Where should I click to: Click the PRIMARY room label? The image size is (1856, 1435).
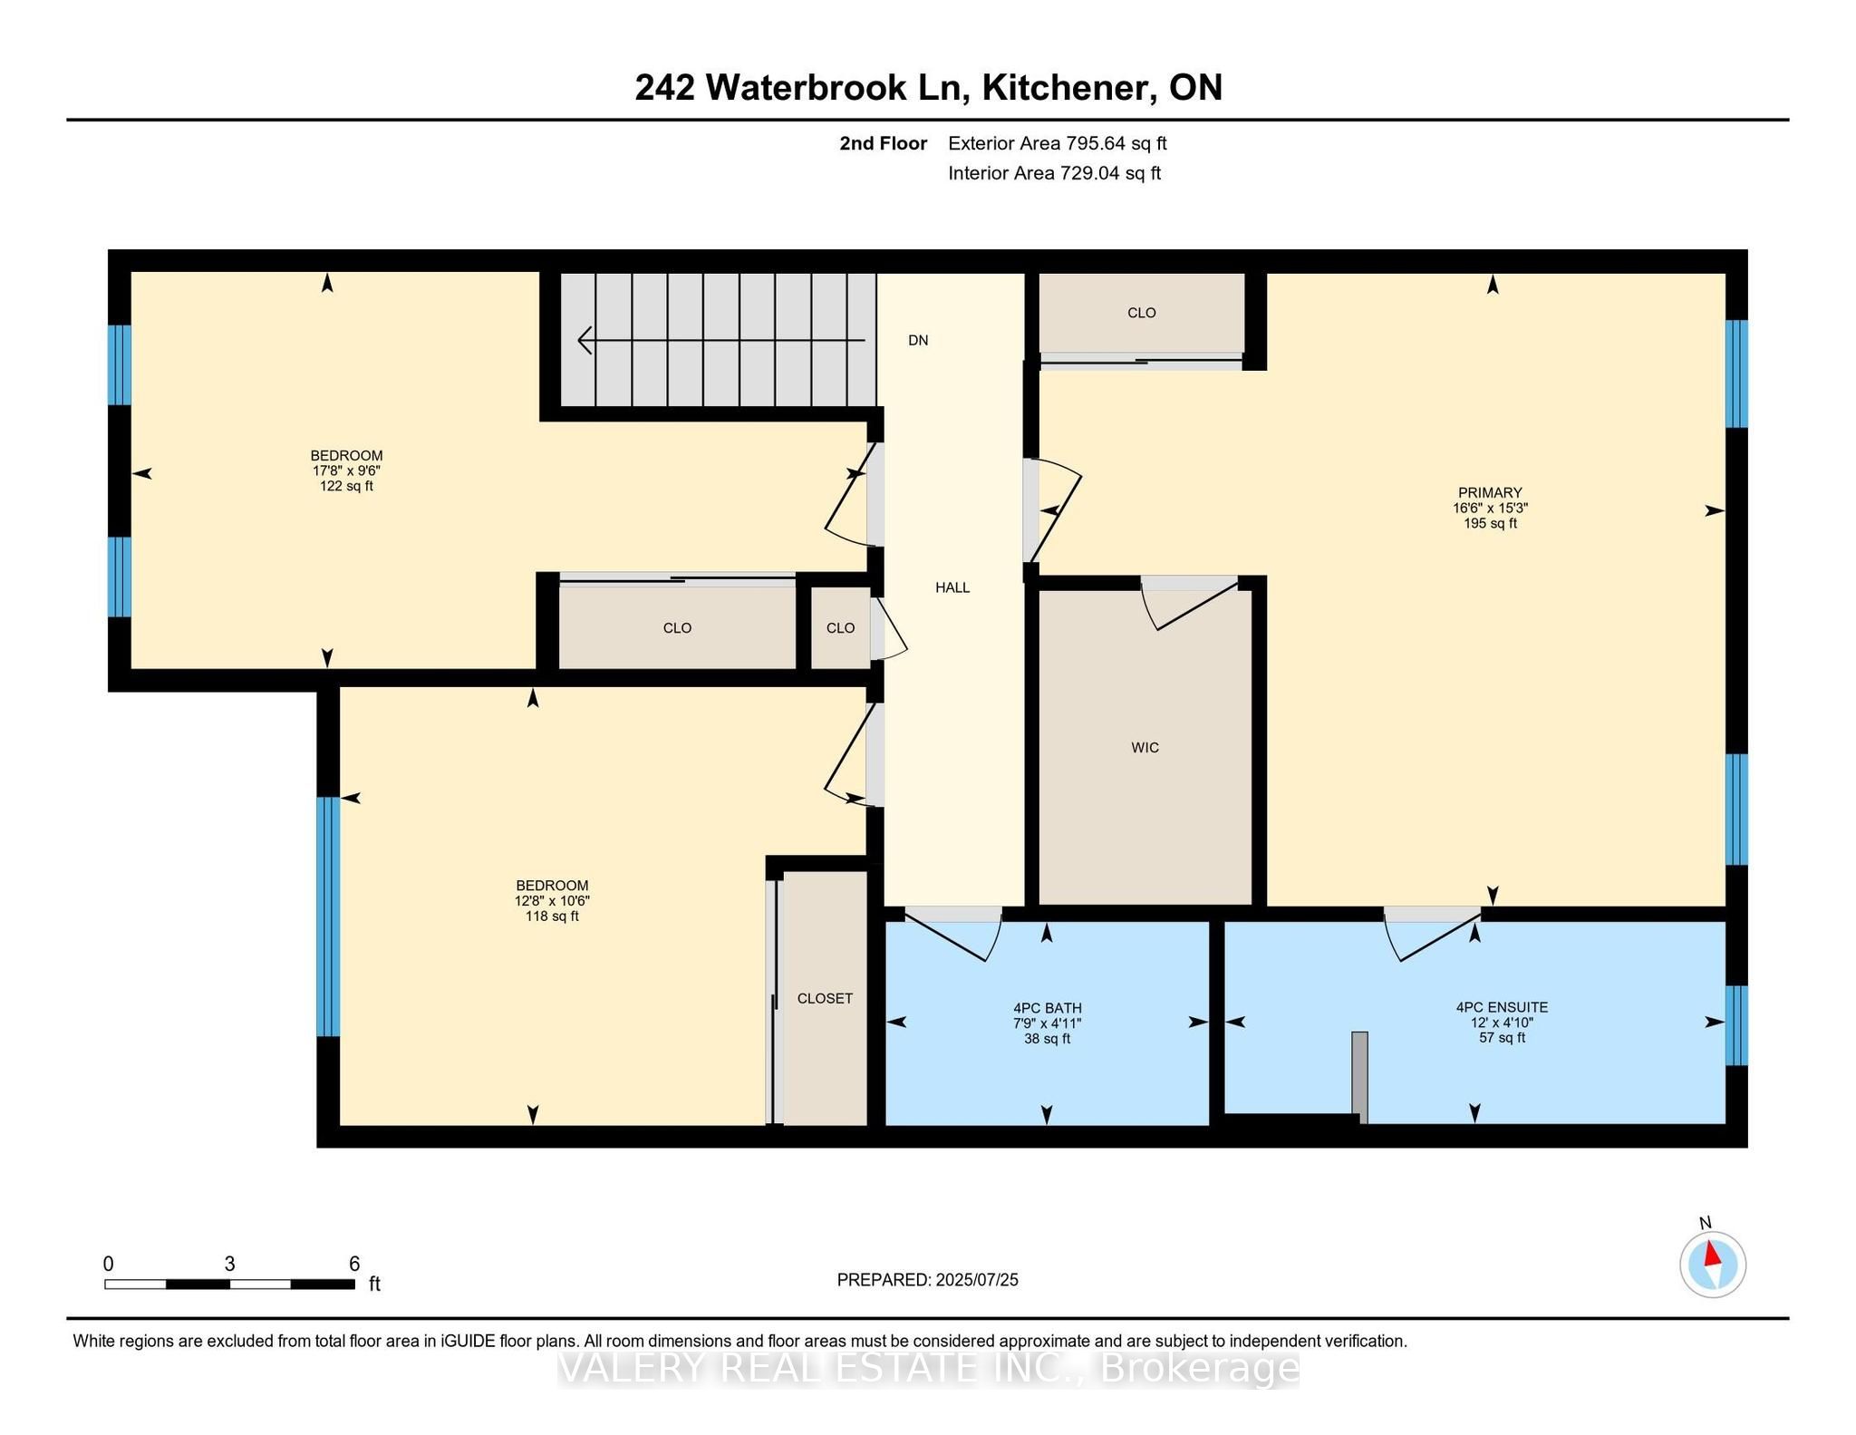click(x=1489, y=493)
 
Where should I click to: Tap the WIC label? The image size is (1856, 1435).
click(x=1145, y=747)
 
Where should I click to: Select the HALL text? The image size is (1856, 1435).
click(x=952, y=587)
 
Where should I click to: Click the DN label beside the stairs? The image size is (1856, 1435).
click(x=918, y=340)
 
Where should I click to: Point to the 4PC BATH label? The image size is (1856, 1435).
click(x=1047, y=1008)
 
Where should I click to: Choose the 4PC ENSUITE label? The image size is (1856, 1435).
click(x=1502, y=1007)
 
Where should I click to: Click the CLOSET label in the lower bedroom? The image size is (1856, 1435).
click(x=825, y=998)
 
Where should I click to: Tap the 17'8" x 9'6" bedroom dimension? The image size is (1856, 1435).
click(x=346, y=470)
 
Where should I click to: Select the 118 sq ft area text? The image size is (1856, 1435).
click(x=552, y=916)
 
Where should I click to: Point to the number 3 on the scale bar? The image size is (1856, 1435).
click(x=229, y=1264)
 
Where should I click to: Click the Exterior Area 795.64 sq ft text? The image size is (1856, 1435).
click(x=1057, y=143)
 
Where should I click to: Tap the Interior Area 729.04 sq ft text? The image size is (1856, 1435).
click(x=1054, y=173)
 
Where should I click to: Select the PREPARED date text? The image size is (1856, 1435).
click(x=927, y=1280)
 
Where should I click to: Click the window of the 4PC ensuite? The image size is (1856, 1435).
click(x=1735, y=1025)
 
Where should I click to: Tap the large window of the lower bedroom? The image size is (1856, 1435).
click(x=328, y=916)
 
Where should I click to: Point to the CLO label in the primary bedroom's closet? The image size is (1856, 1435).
click(x=1141, y=313)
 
